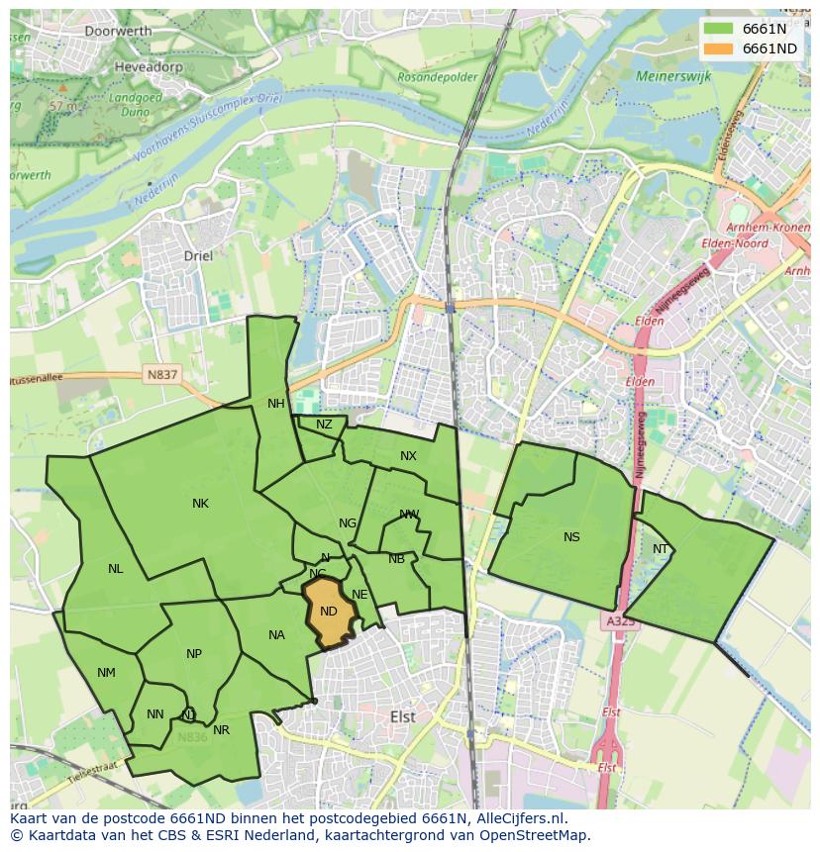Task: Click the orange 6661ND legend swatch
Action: [719, 48]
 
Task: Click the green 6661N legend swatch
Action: [719, 29]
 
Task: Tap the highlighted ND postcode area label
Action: [329, 612]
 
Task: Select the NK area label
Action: [200, 504]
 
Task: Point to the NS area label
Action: [571, 537]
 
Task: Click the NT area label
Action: [661, 549]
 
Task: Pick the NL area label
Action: [116, 569]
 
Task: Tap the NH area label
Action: [275, 404]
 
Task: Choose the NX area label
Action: [408, 456]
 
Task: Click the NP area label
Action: [194, 654]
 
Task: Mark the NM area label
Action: [106, 673]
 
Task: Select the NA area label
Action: [276, 635]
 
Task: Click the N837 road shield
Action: [161, 374]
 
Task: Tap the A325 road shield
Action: [620, 621]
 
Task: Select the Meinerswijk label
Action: [674, 75]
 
